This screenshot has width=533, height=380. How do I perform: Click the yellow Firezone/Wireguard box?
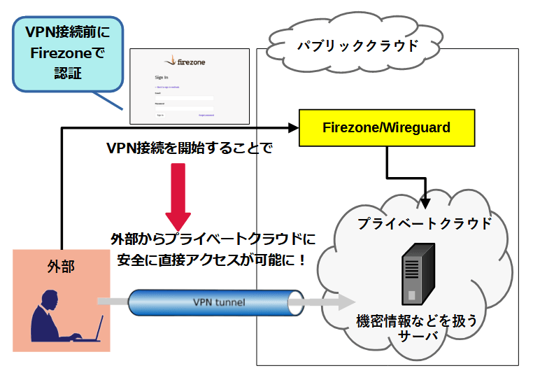pyautogui.click(x=386, y=128)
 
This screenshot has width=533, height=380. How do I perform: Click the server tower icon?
pyautogui.click(x=417, y=274)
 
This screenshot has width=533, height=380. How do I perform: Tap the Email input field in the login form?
pyautogui.click(x=185, y=97)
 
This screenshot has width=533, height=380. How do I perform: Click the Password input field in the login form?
pyautogui.click(x=185, y=108)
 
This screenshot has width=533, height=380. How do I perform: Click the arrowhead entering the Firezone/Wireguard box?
pyautogui.click(x=292, y=128)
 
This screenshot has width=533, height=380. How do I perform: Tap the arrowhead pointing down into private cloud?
pyautogui.click(x=425, y=204)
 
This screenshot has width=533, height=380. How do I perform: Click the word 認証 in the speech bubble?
pyautogui.click(x=68, y=72)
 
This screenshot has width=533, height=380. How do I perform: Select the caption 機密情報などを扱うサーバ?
pyautogui.click(x=417, y=328)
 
